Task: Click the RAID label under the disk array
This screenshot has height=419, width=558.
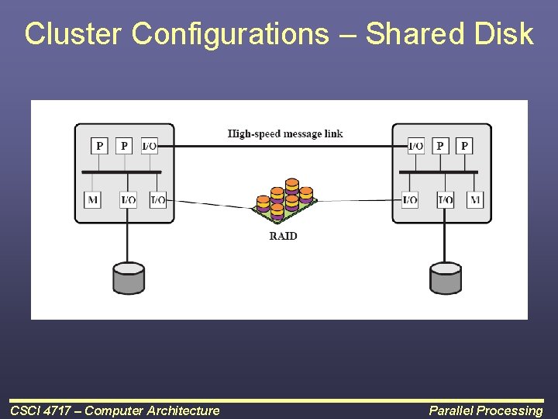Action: [x=283, y=236]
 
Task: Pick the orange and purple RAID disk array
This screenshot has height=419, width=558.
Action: [x=285, y=200]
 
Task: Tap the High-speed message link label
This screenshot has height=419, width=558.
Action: [x=285, y=133]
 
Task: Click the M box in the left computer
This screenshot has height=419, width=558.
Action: [x=93, y=199]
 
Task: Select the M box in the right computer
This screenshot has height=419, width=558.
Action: [x=475, y=199]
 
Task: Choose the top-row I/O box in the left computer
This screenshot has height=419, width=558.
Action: [x=149, y=145]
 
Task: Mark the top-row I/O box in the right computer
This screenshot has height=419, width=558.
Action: [x=416, y=145]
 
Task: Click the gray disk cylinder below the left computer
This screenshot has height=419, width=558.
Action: [x=129, y=278]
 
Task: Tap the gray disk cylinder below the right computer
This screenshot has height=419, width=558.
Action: [x=446, y=278]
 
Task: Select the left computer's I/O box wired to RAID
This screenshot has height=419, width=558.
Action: [x=157, y=199]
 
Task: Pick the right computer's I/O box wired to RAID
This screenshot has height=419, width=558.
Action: [x=410, y=199]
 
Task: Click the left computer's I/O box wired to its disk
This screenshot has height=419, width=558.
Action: [x=129, y=199]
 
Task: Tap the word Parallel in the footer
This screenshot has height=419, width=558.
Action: [x=452, y=410]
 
